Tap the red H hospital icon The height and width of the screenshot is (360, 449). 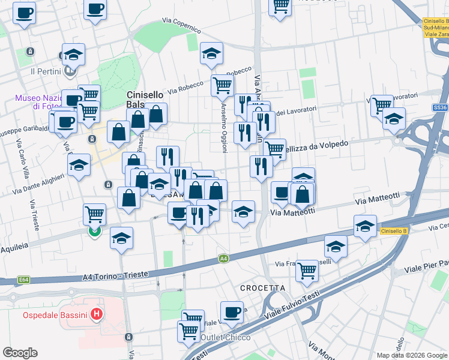coord(95,314)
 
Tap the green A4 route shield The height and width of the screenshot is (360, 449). coord(223,259)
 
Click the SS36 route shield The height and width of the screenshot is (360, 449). coord(440,107)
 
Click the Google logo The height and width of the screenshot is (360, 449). coord(20,353)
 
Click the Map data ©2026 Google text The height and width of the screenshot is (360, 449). coord(411,355)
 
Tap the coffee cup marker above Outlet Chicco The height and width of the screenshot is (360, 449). coord(232,311)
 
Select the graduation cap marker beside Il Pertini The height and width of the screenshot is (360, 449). coord(73,55)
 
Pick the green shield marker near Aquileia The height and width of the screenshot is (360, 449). coord(94,231)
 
